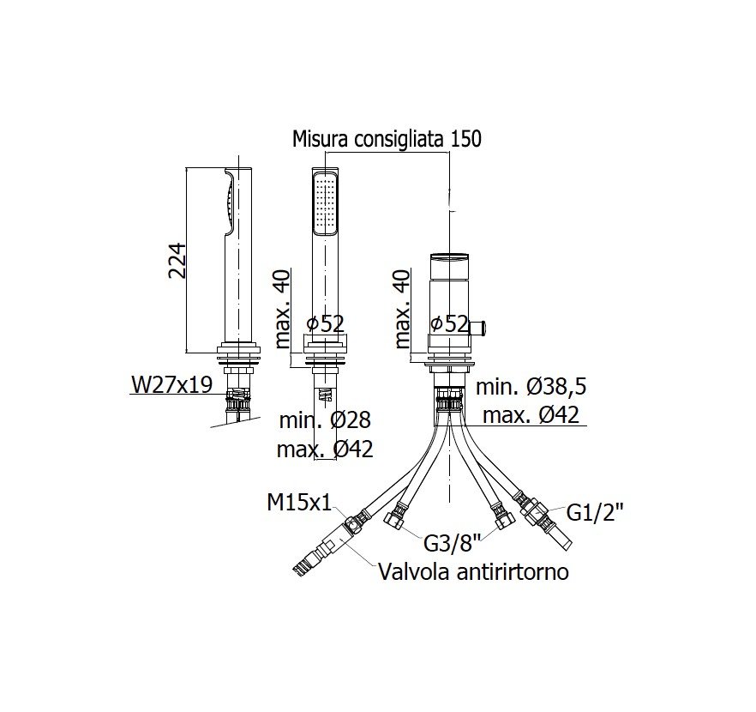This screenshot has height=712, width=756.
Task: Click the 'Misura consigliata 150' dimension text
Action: coord(387,139)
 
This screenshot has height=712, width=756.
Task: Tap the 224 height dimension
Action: coord(177,261)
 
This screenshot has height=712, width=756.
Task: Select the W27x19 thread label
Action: coord(171,384)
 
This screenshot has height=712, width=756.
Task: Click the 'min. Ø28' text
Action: coord(325,420)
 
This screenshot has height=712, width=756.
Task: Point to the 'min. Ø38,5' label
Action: coord(531,387)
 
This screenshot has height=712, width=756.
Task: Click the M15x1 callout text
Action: coord(299,504)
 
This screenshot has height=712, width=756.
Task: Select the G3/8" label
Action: coord(453,544)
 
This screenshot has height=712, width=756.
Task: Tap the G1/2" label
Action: coord(595,513)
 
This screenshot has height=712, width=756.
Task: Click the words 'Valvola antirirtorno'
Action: coord(473,572)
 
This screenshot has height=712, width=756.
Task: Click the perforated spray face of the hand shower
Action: coord(325,203)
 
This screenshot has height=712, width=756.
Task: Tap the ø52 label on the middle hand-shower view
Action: coord(325,323)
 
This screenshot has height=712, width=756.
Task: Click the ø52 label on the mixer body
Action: coord(449,323)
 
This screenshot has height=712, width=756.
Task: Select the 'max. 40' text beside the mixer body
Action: coord(402,309)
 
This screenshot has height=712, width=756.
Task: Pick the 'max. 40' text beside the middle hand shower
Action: coord(283,309)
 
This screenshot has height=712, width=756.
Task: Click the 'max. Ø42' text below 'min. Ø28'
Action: coord(325,450)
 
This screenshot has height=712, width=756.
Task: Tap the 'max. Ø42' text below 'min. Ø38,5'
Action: coord(531,415)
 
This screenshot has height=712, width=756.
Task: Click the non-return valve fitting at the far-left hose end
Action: coord(326,545)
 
